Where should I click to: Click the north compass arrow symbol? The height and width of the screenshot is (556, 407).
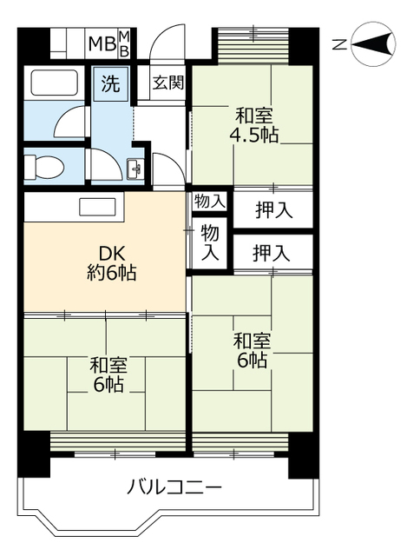point(374,44)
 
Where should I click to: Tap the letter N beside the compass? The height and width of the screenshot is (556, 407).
point(339,44)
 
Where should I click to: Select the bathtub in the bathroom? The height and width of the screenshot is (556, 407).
point(54,83)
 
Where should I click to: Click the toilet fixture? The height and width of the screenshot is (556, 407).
point(44,167)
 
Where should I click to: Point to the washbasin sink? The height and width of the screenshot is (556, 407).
point(135,169)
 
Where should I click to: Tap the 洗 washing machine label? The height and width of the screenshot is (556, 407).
point(110,83)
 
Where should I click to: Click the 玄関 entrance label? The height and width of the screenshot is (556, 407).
point(167,83)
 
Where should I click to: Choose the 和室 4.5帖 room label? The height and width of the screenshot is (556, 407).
point(254,125)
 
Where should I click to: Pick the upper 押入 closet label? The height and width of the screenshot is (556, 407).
point(274,210)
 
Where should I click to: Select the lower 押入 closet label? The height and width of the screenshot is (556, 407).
point(271,253)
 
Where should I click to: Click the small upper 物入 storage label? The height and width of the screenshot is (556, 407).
point(210,202)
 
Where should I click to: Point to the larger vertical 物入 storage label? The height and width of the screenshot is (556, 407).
point(210,242)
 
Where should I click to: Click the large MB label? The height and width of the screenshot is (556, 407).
point(102,44)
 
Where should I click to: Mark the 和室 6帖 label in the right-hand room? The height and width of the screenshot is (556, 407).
point(252,351)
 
